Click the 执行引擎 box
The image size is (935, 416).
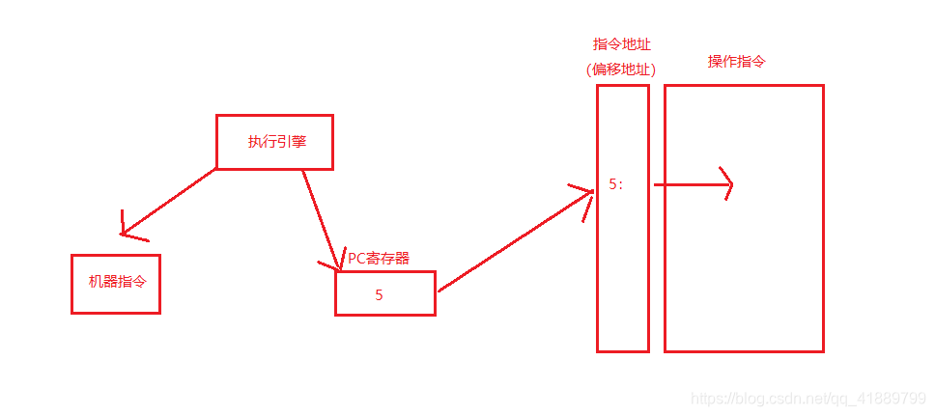coord(274,143)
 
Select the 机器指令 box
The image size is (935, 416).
coord(115,284)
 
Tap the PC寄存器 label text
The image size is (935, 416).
coord(379,258)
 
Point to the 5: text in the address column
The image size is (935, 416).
coord(615,184)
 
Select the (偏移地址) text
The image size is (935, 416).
coord(622,69)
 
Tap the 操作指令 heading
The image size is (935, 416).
coord(738,62)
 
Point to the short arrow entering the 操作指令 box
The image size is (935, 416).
coord(691,184)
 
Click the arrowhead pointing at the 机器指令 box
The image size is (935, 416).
coord(127,228)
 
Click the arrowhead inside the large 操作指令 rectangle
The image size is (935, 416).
coord(726,184)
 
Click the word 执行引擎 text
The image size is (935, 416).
coord(276,142)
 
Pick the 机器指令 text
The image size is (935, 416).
coord(116,282)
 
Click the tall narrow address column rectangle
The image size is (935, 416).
coord(622,290)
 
